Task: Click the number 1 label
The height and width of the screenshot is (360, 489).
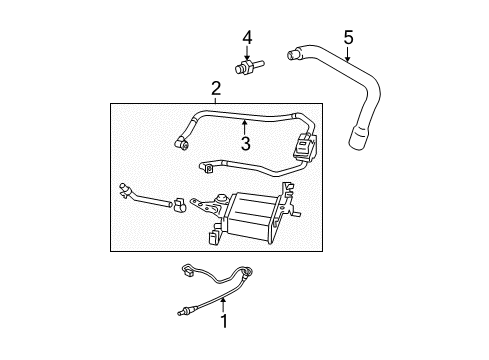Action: pyautogui.click(x=223, y=321)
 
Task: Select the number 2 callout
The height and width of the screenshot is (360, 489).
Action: pyautogui.click(x=215, y=89)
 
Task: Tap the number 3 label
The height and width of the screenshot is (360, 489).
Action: pyautogui.click(x=243, y=142)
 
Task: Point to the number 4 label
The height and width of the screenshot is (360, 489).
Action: pyautogui.click(x=246, y=38)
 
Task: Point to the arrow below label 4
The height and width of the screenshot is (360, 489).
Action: pyautogui.click(x=246, y=54)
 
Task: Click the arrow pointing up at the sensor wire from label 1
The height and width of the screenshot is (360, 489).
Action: pyautogui.click(x=223, y=303)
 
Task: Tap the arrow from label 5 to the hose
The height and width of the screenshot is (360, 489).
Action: pyautogui.click(x=347, y=56)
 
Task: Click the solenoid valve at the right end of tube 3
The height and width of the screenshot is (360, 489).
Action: pyautogui.click(x=303, y=148)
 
